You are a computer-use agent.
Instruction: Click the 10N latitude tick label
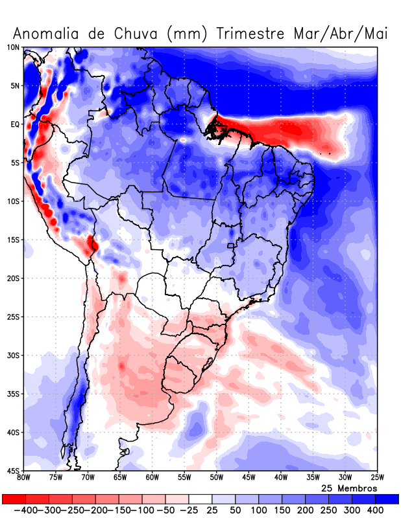click(13, 47)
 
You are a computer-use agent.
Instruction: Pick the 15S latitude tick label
click(13, 240)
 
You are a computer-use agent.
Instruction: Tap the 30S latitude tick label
click(13, 355)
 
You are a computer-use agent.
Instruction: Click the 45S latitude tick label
click(13, 470)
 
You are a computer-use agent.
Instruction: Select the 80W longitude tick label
click(24, 478)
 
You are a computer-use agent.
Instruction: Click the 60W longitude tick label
click(152, 478)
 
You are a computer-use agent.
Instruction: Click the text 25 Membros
click(349, 488)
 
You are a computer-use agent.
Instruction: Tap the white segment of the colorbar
click(200, 499)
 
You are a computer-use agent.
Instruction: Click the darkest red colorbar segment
click(14, 499)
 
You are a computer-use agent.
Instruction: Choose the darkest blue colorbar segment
click(387, 499)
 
